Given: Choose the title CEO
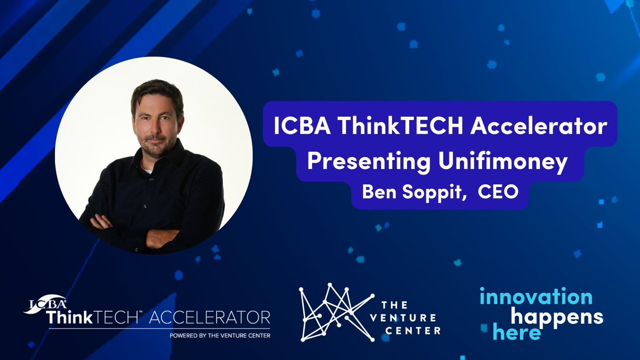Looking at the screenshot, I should [498, 192].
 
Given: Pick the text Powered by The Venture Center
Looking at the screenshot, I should [219, 335].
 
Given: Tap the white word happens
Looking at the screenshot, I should [557, 317].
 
